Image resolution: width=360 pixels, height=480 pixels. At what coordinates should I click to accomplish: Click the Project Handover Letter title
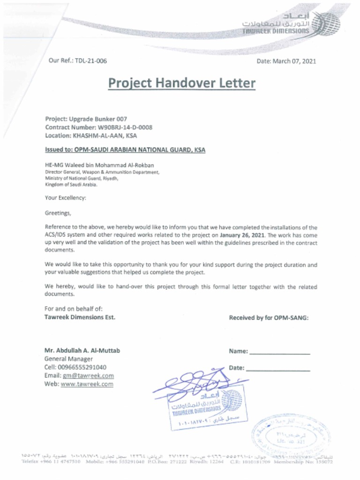[x=182, y=83]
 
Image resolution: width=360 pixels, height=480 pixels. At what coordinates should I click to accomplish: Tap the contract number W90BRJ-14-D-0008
[x=125, y=127]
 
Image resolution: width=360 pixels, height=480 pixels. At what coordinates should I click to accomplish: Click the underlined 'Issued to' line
[x=125, y=150]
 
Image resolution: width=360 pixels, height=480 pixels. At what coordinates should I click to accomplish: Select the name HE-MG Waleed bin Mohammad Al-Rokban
[x=99, y=165]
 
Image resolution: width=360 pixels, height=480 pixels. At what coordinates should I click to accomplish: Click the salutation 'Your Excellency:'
[x=66, y=198]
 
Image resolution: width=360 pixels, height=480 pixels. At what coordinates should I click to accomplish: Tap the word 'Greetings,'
[x=58, y=213]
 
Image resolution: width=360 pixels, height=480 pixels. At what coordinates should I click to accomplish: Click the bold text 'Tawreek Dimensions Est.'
[x=80, y=317]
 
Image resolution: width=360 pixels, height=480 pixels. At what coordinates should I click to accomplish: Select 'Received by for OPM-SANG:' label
[x=269, y=318]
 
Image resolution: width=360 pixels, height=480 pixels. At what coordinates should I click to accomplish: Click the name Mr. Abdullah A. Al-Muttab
[x=82, y=351]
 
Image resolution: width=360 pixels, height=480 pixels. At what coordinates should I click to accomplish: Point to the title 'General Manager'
[x=68, y=359]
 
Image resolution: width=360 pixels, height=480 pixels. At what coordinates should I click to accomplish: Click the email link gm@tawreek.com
[x=88, y=376]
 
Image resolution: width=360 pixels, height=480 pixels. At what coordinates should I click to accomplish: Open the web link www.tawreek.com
[x=87, y=384]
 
